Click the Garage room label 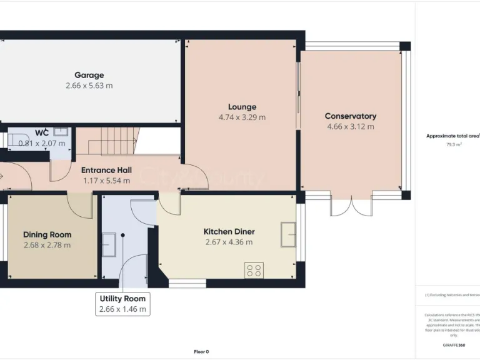tap(89, 75)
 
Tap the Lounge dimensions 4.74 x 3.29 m tap(242, 117)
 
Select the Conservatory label tap(350, 116)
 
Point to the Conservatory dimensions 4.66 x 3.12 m tap(350, 126)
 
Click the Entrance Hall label tap(106, 170)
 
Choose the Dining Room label tap(47, 234)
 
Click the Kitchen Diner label tap(229, 231)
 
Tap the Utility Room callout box tap(122, 304)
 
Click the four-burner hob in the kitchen tap(254, 271)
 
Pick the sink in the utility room tap(107, 241)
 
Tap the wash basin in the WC tap(61, 132)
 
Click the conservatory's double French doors tap(342, 206)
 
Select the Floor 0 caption tap(201, 351)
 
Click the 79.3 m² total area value tap(453, 144)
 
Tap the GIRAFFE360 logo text tap(453, 345)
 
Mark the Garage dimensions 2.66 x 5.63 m tap(89, 86)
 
